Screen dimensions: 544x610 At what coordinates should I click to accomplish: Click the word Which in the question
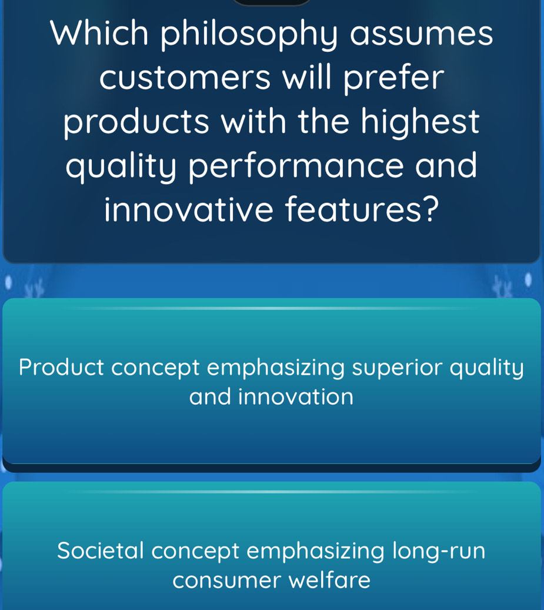coord(99,34)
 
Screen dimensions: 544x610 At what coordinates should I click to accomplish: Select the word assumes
coord(422,34)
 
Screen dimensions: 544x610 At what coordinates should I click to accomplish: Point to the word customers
coord(185,78)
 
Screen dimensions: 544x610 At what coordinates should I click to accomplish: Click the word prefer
coord(393,80)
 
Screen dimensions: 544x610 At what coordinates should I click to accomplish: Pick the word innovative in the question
coord(189,209)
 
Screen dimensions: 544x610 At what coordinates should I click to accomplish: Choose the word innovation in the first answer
coord(296,397)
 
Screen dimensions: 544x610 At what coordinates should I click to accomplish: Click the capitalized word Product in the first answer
coord(61,367)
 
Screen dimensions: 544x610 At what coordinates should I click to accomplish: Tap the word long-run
coord(439,552)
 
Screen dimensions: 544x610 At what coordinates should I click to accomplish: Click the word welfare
coord(330,580)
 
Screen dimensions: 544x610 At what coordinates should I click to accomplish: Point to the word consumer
coord(226,581)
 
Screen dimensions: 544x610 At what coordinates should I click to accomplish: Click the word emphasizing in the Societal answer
coord(316,552)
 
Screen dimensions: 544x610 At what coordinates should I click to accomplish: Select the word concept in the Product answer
coord(155,369)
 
